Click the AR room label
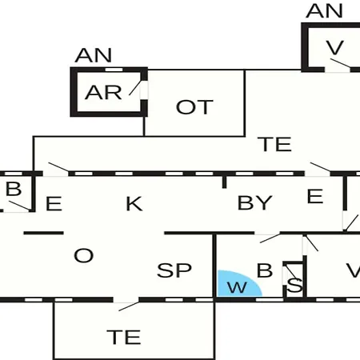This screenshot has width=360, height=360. (103, 92)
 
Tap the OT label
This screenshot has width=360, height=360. (194, 107)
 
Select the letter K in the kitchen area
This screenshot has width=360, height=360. (134, 204)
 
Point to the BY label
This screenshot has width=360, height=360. (254, 202)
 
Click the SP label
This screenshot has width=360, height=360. (174, 270)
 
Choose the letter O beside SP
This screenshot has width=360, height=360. (83, 255)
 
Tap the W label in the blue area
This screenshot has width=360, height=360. (237, 287)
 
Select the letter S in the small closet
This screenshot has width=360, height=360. (295, 285)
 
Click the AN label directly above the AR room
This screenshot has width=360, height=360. (94, 55)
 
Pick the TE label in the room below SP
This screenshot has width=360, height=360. (124, 337)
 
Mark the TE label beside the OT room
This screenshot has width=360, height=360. (274, 144)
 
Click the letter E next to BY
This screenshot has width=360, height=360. (315, 196)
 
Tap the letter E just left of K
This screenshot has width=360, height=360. (54, 204)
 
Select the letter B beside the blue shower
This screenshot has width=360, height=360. (265, 270)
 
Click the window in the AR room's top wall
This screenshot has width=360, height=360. (114, 70)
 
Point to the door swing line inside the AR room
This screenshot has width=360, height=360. (134, 87)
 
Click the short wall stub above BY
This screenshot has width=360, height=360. (224, 182)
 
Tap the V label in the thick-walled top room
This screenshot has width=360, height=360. (334, 47)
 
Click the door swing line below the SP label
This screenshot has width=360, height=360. (129, 306)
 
